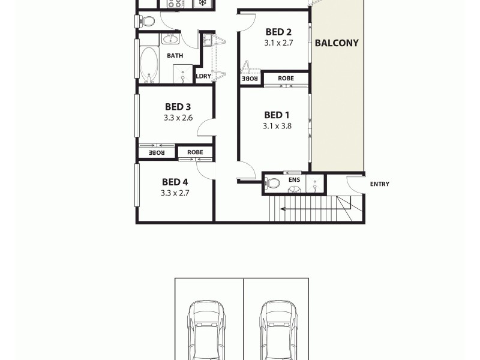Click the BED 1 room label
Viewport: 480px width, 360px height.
[x=277, y=115]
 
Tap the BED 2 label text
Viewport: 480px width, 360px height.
[x=278, y=32]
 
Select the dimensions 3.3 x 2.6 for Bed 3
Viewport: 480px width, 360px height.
[x=178, y=118]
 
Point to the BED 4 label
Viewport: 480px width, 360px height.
[x=175, y=182]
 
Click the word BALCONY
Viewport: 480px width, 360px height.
[x=337, y=43]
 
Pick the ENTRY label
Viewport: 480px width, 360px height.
[x=379, y=184]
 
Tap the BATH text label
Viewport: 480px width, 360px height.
[x=175, y=56]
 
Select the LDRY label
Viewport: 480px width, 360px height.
[x=203, y=76]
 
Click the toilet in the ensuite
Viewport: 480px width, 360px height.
[x=273, y=184]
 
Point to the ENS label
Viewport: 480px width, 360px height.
[x=294, y=179]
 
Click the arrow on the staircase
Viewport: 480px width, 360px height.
[x=312, y=209]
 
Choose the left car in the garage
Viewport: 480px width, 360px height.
[x=208, y=330]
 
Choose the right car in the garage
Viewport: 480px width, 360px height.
[x=278, y=330]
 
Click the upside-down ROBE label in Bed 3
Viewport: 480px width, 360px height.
[x=157, y=153]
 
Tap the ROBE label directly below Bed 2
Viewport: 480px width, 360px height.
[x=286, y=78]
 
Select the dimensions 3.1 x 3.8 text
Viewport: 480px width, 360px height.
[x=277, y=126]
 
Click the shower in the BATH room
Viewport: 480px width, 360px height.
[x=182, y=73]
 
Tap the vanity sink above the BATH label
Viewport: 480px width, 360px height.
[x=170, y=40]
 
